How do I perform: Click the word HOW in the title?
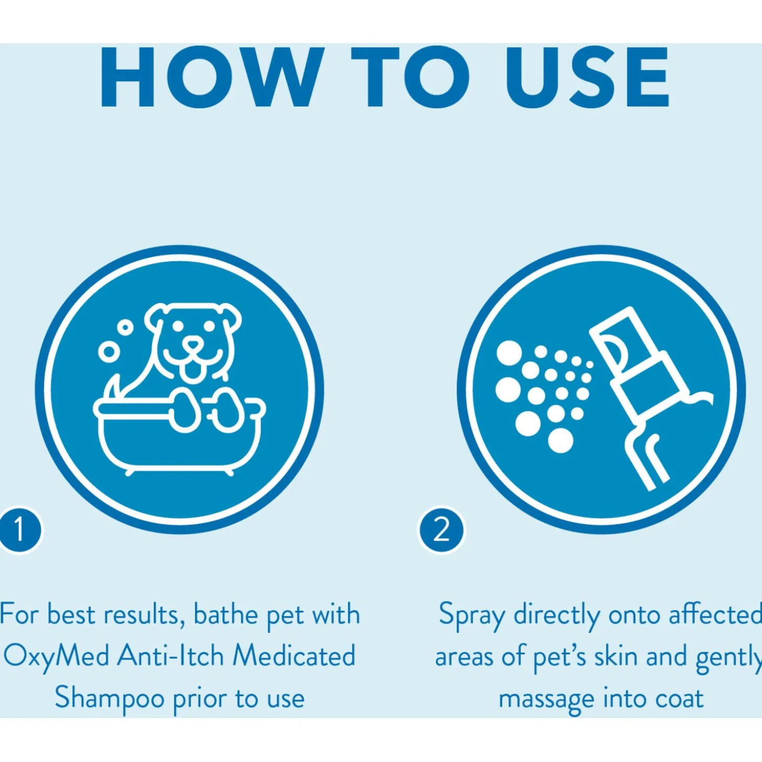(210, 77)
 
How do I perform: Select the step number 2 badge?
(442, 530)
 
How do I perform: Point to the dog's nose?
(193, 344)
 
